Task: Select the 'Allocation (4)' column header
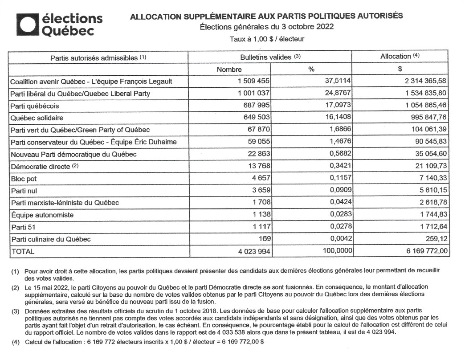click(400, 57)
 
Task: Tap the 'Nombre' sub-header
click(229, 70)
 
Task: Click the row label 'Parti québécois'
click(35, 106)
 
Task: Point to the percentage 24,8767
click(333, 94)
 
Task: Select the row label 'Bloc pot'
click(24, 179)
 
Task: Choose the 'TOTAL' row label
click(23, 251)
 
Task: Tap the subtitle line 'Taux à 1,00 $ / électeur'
click(267, 39)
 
